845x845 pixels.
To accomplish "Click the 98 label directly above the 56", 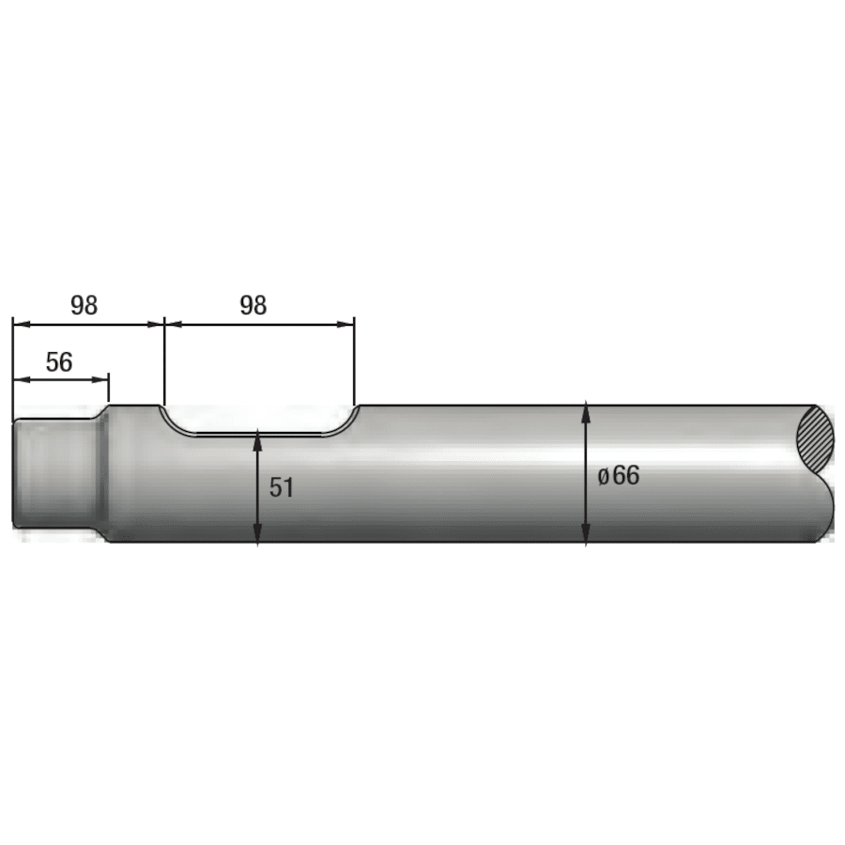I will [84, 305].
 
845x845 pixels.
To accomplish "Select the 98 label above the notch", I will [253, 305].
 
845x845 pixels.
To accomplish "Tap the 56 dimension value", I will [59, 362].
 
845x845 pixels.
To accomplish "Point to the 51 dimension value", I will [282, 487].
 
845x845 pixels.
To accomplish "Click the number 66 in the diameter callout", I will [626, 475].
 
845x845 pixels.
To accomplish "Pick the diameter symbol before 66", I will [605, 476].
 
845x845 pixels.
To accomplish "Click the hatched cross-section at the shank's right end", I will [815, 438].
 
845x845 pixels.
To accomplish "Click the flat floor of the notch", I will [258, 434].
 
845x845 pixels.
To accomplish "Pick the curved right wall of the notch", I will [346, 422].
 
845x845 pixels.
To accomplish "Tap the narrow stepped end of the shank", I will [52, 474].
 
